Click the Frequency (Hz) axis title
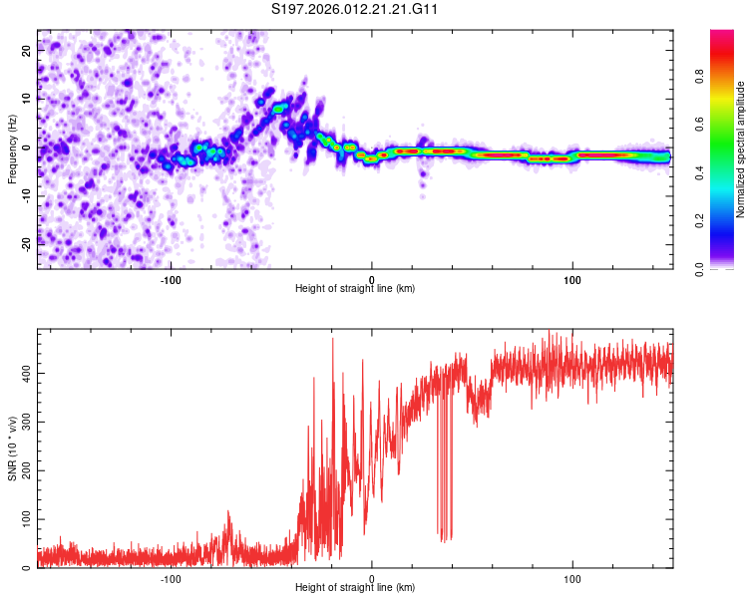click(x=12, y=149)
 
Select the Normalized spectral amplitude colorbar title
click(x=740, y=149)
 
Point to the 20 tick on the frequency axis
click(x=27, y=52)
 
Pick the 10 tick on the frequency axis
click(x=27, y=100)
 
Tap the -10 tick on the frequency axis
click(x=25, y=194)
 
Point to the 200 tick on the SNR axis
click(x=23, y=470)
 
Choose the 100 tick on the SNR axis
click(x=23, y=519)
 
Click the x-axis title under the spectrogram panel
click(x=355, y=288)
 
